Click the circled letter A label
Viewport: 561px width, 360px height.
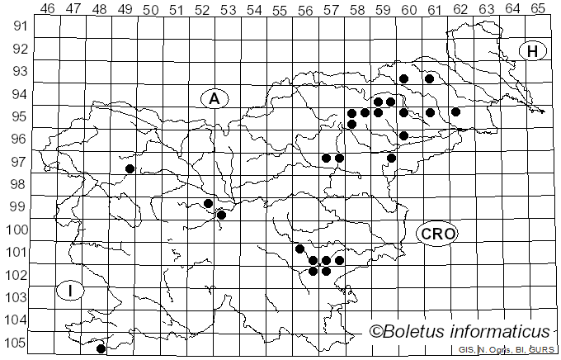tap(214, 98)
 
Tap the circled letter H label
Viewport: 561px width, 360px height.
tap(533, 51)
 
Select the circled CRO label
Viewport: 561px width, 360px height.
tap(437, 234)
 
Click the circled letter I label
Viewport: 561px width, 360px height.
tap(71, 291)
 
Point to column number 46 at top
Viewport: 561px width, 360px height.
tap(47, 8)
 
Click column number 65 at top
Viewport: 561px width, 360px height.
tap(537, 8)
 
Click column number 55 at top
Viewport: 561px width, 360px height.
tap(280, 8)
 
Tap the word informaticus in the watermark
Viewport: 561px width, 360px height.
tap(502, 332)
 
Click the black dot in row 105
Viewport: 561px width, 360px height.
tap(101, 348)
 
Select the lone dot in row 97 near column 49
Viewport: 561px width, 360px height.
tap(130, 168)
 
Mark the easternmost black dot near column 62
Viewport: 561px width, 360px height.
tap(455, 111)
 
